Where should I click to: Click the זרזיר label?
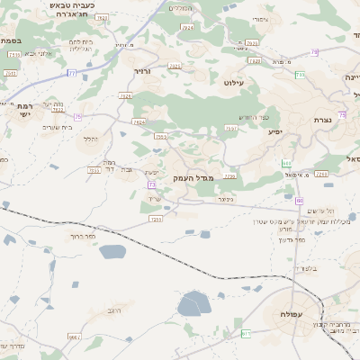coord(142,69)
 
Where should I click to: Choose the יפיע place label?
coord(275,131)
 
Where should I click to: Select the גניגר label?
coord(225,199)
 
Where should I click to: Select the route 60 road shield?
coord(299,201)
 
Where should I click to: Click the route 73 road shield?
coord(152,184)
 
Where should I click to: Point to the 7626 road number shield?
coord(125,96)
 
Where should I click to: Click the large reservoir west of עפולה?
coord(194,303)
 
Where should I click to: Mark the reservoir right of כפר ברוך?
coord(113,252)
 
